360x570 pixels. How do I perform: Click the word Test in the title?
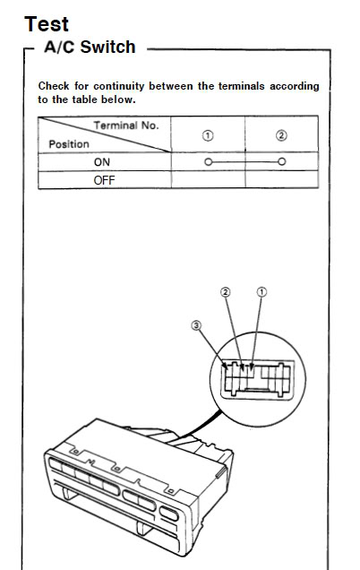tap(47, 24)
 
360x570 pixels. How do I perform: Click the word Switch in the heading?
tap(107, 47)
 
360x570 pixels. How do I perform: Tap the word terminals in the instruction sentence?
tap(241, 86)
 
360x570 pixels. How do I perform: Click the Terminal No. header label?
tap(126, 125)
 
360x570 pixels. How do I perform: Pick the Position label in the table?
tap(69, 144)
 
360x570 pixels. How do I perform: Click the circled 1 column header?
tap(208, 135)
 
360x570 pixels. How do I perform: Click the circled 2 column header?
tap(281, 135)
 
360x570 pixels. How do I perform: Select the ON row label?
tap(102, 162)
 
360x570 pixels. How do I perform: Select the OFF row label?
tap(104, 180)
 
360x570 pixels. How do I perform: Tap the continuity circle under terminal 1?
tap(208, 161)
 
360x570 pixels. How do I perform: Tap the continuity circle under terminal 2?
tap(281, 161)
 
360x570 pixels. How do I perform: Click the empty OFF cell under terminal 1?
tap(208, 179)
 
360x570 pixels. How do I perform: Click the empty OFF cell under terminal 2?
tap(282, 179)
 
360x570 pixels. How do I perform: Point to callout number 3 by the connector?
tap(196, 325)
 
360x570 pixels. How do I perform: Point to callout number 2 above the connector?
tap(226, 292)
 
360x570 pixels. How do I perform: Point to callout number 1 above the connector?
tap(261, 292)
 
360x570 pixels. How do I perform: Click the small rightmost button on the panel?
tap(169, 514)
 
